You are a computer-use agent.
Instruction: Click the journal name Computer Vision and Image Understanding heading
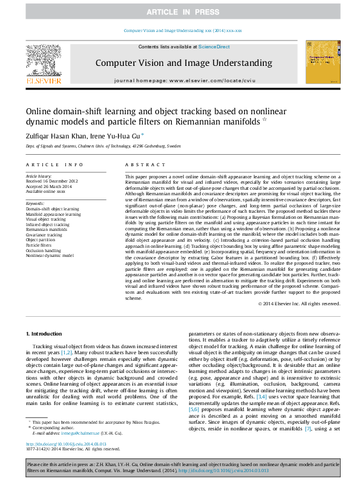pyautogui.click(x=183, y=63)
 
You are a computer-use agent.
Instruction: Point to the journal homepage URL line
pyautogui.click(x=185, y=80)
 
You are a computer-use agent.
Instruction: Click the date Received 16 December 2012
pyautogui.click(x=51, y=181)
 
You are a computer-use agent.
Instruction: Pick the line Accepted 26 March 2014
pyautogui.click(x=48, y=186)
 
